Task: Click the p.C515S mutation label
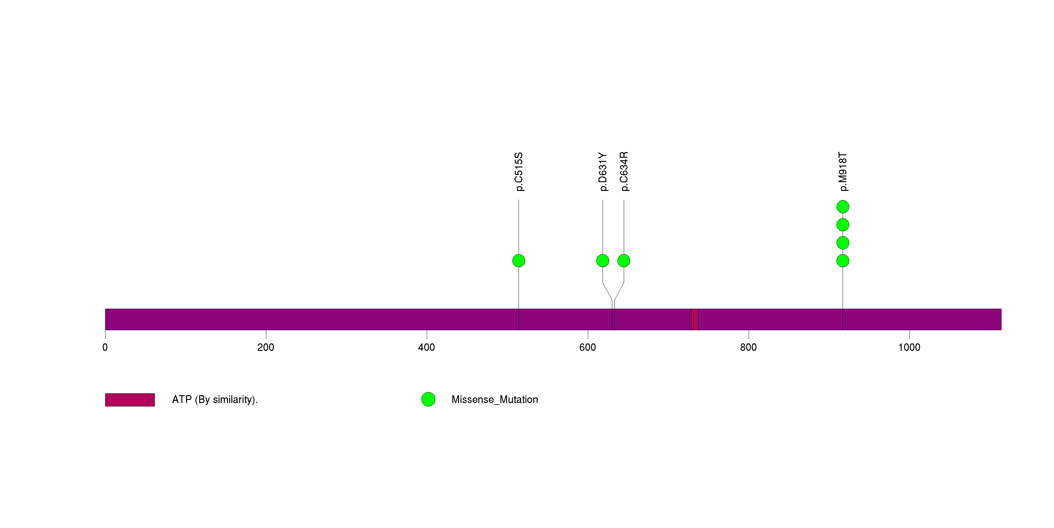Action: tap(519, 172)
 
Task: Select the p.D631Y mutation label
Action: tap(603, 172)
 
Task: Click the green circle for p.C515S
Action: tap(519, 261)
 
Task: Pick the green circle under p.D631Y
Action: tap(603, 261)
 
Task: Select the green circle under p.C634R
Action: tap(623, 261)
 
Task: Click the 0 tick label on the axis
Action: tap(105, 347)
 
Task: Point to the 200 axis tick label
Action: tap(266, 347)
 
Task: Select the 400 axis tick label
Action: tap(427, 347)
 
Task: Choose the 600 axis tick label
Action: tap(588, 347)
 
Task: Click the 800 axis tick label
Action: tap(748, 347)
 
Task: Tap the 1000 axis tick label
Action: tap(909, 347)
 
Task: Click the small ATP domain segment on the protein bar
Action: tap(695, 319)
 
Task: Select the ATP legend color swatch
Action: tap(130, 400)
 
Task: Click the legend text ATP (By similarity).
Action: tap(215, 400)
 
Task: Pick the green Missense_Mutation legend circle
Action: tap(428, 400)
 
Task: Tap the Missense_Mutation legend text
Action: tap(495, 400)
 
